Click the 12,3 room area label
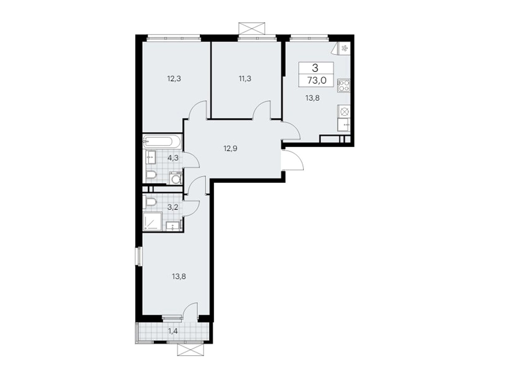(174, 79)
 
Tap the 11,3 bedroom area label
(245, 79)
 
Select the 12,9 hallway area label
(230, 149)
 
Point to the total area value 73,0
(317, 81)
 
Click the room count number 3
(315, 68)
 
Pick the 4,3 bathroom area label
(173, 158)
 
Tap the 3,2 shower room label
(173, 207)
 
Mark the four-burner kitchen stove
(344, 86)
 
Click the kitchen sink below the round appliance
(344, 125)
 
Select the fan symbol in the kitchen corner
(344, 48)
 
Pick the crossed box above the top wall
(252, 28)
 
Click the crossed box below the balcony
(191, 357)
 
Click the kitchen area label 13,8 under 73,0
(312, 98)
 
